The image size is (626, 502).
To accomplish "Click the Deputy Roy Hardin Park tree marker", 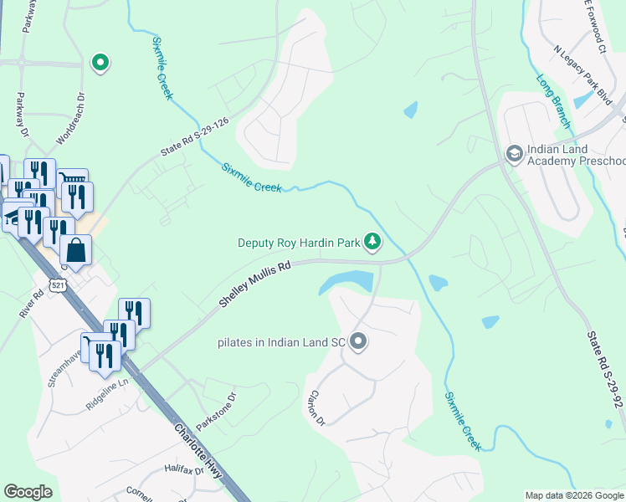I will click(372, 243).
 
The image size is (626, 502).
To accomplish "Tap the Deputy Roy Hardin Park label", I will click(299, 243).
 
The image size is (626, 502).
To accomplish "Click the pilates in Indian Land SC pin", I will click(359, 341).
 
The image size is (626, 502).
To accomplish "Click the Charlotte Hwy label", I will click(199, 453).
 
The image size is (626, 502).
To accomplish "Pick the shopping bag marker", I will click(75, 249).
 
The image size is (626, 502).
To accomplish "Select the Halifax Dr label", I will click(184, 470).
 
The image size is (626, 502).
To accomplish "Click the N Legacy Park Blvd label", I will click(583, 73).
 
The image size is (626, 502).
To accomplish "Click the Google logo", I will click(28, 492).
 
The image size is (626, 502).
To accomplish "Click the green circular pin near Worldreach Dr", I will click(100, 63).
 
